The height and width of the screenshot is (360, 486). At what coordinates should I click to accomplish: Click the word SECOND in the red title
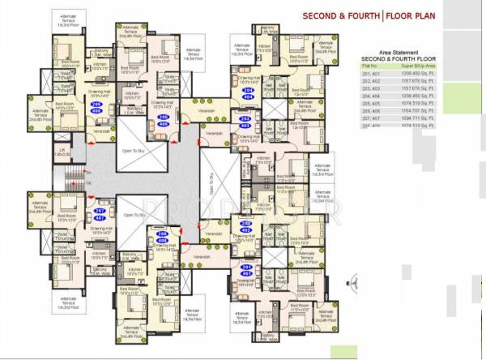324,15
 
